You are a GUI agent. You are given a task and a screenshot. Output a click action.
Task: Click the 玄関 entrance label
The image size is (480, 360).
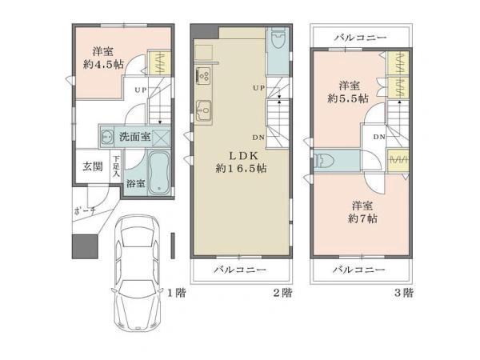[x=93, y=166]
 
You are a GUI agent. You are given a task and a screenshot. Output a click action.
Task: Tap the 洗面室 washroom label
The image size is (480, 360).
[x=134, y=137]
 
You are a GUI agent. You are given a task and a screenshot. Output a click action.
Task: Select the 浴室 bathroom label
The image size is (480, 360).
[x=136, y=184]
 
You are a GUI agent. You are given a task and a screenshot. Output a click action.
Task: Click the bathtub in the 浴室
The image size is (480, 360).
[x=159, y=173]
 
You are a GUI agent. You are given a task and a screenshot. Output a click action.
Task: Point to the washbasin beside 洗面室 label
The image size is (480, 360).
[x=107, y=136]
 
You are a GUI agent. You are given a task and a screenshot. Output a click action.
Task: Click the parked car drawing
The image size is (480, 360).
[x=137, y=273]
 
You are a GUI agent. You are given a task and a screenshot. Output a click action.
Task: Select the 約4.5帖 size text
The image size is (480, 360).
[x=103, y=65]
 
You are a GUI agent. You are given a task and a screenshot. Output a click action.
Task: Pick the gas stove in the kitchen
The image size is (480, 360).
[x=203, y=74]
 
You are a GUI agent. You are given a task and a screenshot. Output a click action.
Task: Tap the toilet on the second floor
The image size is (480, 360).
[x=278, y=39]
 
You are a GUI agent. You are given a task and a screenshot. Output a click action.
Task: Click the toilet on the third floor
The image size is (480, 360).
[x=324, y=161]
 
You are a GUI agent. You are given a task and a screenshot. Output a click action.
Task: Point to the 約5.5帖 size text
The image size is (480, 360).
[x=348, y=99]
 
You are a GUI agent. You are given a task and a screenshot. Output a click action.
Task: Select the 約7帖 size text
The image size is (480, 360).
[x=362, y=218]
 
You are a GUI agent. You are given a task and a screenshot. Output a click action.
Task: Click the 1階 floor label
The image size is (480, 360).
[x=176, y=293]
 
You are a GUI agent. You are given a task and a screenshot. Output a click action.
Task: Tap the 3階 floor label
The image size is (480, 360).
[x=403, y=293]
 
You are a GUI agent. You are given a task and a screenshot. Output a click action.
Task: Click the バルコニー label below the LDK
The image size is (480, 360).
[x=240, y=270]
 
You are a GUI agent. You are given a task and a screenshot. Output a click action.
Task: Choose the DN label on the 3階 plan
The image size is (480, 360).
[x=379, y=137]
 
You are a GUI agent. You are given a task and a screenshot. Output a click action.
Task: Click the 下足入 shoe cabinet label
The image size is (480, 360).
[x=116, y=166]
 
